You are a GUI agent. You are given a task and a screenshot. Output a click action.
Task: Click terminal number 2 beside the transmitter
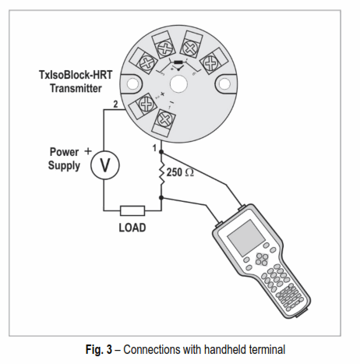click(x=115, y=104)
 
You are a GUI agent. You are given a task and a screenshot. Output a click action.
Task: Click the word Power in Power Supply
click(x=64, y=152)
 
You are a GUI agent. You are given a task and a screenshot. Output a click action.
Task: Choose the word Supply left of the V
click(x=64, y=166)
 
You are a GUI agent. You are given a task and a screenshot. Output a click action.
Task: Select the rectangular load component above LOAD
click(x=132, y=210)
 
